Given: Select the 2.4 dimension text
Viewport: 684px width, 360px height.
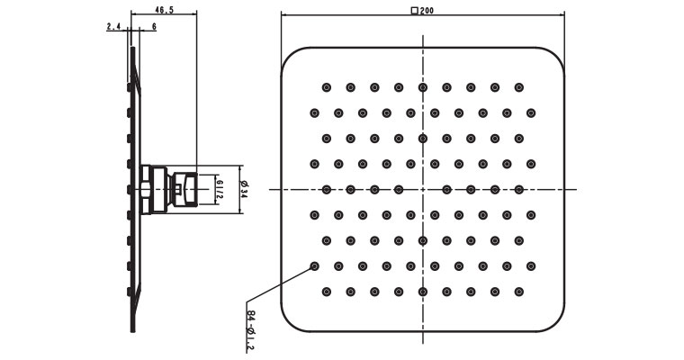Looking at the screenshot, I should click(x=114, y=28).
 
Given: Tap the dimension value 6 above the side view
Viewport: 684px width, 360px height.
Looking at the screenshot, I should click(x=154, y=28).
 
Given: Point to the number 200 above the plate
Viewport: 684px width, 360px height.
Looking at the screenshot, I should click(x=427, y=11).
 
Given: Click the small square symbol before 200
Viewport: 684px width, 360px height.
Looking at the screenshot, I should click(x=414, y=11).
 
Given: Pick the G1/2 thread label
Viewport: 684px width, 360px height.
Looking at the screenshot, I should click(x=220, y=189).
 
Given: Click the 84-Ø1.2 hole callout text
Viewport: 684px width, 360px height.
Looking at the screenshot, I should click(x=250, y=329).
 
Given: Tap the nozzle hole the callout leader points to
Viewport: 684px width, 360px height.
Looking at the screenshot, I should click(x=314, y=266).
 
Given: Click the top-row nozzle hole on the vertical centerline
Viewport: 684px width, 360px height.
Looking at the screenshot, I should click(x=422, y=87).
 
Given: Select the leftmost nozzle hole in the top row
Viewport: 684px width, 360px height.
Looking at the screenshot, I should click(x=326, y=87).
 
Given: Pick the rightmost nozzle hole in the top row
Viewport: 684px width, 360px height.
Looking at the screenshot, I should click(x=518, y=87).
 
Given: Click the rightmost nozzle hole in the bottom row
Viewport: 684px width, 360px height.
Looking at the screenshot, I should click(x=518, y=292).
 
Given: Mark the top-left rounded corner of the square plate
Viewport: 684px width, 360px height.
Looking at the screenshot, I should click(x=292, y=56).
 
